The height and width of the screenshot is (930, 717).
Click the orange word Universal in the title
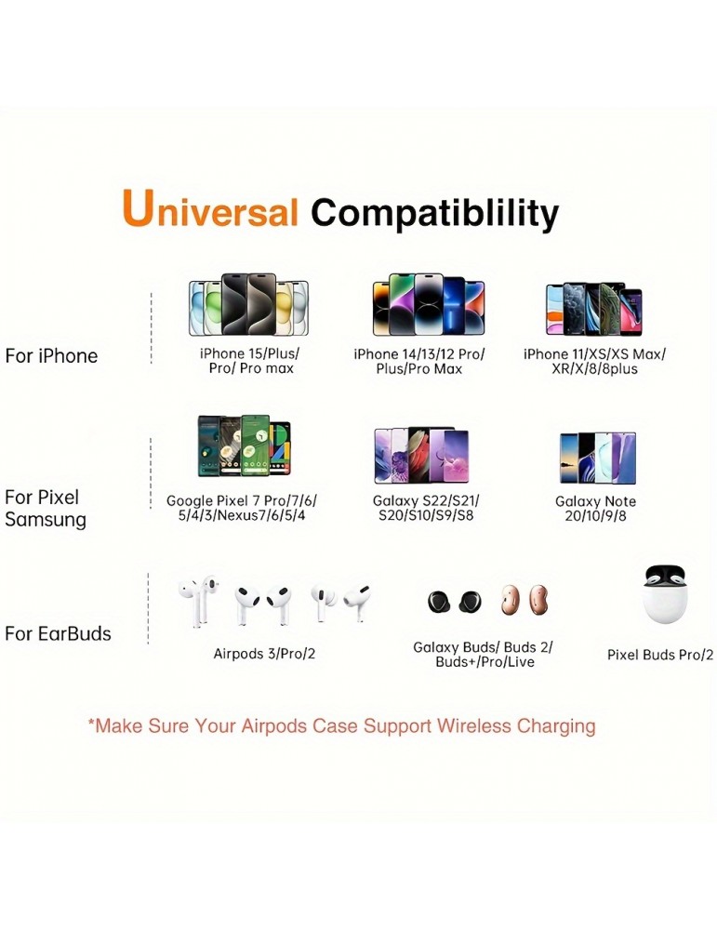coord(210,208)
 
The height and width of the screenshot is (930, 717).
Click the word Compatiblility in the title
coord(434,214)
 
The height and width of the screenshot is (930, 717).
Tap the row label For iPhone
coord(51,356)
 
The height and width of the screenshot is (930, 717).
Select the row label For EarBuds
coord(58,633)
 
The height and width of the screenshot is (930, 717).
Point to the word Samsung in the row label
coord(46,520)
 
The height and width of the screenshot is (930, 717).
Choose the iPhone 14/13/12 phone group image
coord(428,305)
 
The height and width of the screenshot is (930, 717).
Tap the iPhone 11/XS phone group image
coord(593,309)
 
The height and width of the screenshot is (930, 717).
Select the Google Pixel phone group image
coord(245,446)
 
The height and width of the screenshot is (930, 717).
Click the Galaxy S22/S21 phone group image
coord(421,455)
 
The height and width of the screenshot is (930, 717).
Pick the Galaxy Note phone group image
coord(597,458)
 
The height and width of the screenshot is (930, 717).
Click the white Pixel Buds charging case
coord(664,594)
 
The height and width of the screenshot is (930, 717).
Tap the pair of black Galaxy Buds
coord(455,602)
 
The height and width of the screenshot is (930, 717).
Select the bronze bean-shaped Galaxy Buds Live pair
coord(524,600)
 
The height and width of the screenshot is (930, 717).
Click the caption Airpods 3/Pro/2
coord(264,654)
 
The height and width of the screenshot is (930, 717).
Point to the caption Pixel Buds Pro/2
coord(660,655)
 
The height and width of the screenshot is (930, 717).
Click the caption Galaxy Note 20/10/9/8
coord(595,509)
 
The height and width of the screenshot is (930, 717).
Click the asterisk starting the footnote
coord(91,723)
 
